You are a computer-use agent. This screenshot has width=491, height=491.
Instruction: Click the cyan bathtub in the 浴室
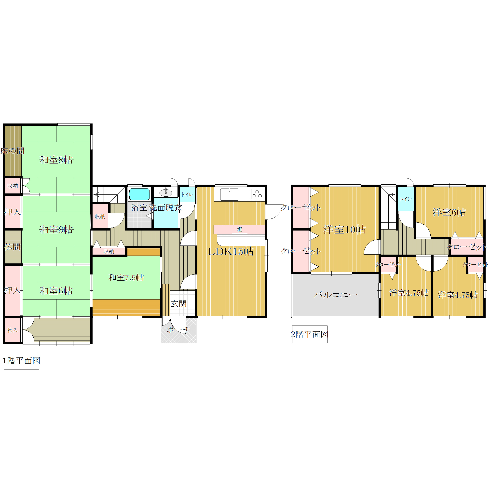(139, 194)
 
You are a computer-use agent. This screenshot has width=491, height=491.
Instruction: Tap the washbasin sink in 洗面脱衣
(166, 192)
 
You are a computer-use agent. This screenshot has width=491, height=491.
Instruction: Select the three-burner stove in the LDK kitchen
(257, 194)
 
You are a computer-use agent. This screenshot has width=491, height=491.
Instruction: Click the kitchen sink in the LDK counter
(230, 194)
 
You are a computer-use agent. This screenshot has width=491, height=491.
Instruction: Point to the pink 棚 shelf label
(240, 230)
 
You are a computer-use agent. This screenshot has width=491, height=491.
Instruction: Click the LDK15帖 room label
(231, 251)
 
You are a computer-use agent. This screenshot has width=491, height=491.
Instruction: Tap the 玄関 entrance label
(179, 304)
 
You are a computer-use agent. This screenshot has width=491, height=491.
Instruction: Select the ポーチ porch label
(178, 330)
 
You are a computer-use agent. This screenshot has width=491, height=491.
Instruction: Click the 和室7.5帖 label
(126, 277)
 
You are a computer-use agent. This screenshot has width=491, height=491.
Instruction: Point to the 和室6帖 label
(56, 291)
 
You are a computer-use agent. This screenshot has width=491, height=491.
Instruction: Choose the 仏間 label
(13, 247)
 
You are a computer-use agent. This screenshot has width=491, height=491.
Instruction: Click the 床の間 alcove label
(13, 151)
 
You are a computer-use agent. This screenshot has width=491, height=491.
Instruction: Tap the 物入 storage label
(13, 330)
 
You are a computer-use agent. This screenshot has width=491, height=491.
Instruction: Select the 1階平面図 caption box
(21, 361)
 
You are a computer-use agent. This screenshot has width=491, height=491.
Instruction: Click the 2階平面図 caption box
(310, 334)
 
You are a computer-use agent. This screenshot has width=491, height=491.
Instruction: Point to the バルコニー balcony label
(335, 295)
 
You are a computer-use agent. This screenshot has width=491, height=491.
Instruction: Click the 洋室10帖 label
(344, 230)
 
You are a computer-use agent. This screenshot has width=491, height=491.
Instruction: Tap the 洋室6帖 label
(449, 212)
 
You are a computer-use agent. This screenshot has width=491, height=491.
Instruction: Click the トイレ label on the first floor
(187, 195)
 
